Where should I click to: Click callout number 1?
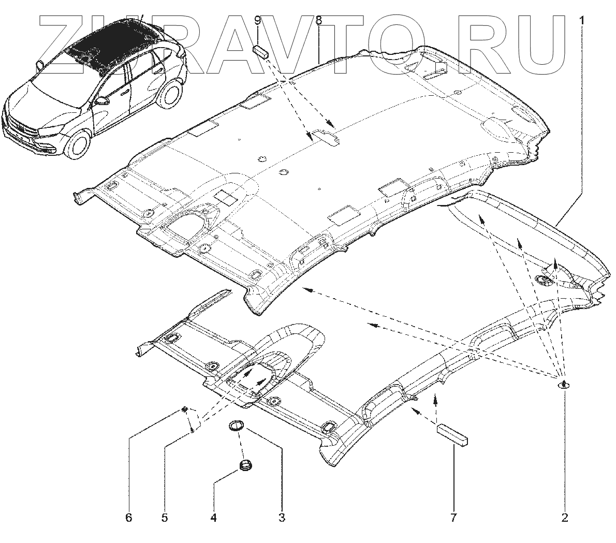[582, 21]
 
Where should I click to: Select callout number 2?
[565, 517]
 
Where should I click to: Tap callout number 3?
[282, 517]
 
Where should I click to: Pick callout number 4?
[213, 517]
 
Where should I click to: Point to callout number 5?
[164, 517]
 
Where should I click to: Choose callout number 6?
[129, 517]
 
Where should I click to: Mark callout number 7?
[453, 517]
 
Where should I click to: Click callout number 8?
[318, 21]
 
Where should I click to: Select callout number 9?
[258, 21]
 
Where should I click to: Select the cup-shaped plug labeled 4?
[245, 465]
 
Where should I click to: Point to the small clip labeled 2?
[563, 385]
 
